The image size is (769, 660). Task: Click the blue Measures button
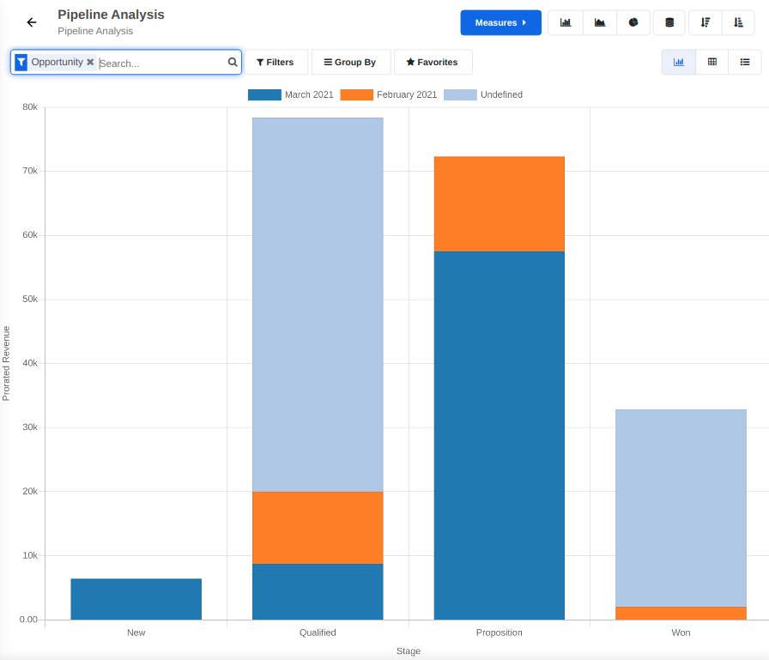click(x=500, y=22)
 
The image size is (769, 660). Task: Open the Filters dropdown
click(x=276, y=63)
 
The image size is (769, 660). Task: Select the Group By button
click(x=350, y=63)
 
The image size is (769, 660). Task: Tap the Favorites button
click(x=433, y=63)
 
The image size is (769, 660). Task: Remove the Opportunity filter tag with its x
click(x=90, y=62)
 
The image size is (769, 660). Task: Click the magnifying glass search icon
click(x=233, y=63)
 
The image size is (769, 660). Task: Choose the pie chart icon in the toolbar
click(x=633, y=22)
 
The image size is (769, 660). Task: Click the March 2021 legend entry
click(x=291, y=94)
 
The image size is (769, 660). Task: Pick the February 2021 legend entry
click(x=389, y=94)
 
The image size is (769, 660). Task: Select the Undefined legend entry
click(x=483, y=94)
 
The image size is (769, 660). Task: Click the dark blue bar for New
click(x=136, y=599)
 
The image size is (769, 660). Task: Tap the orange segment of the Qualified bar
click(x=318, y=528)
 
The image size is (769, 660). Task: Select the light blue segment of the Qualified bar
click(x=318, y=305)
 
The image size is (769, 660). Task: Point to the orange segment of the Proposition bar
click(x=499, y=204)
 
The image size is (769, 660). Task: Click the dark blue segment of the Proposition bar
click(x=499, y=435)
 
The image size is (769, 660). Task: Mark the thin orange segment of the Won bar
click(x=681, y=613)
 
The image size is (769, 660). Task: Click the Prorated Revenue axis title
click(x=7, y=363)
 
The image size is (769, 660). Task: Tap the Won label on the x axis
click(x=681, y=633)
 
